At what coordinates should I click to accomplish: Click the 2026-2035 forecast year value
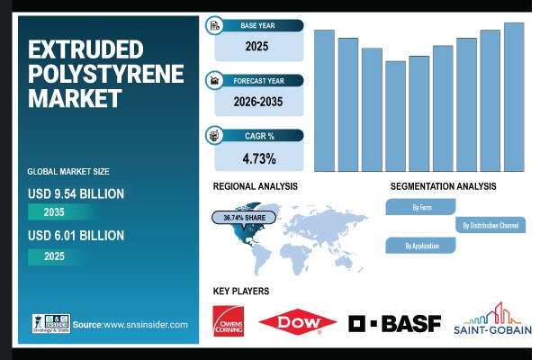click(x=258, y=102)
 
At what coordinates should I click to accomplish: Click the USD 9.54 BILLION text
click(x=76, y=193)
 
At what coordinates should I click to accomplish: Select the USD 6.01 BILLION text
click(x=76, y=236)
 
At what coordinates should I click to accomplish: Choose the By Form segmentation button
click(x=421, y=207)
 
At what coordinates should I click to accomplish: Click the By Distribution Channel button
click(x=490, y=225)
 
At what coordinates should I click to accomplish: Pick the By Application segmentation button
click(x=421, y=245)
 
